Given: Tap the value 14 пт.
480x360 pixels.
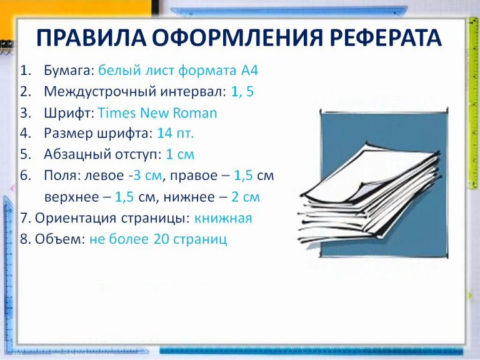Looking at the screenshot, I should coord(176,133).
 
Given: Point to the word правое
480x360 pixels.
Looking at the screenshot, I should coord(198,176).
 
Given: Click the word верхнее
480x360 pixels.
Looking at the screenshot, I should coord(71,197).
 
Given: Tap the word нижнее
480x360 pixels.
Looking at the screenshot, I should coord(190,197).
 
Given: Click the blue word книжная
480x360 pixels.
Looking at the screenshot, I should coord(223,218).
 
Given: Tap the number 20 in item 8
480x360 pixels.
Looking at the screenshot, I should coord(160,239).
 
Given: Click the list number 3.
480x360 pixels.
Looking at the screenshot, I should coord(24,113).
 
